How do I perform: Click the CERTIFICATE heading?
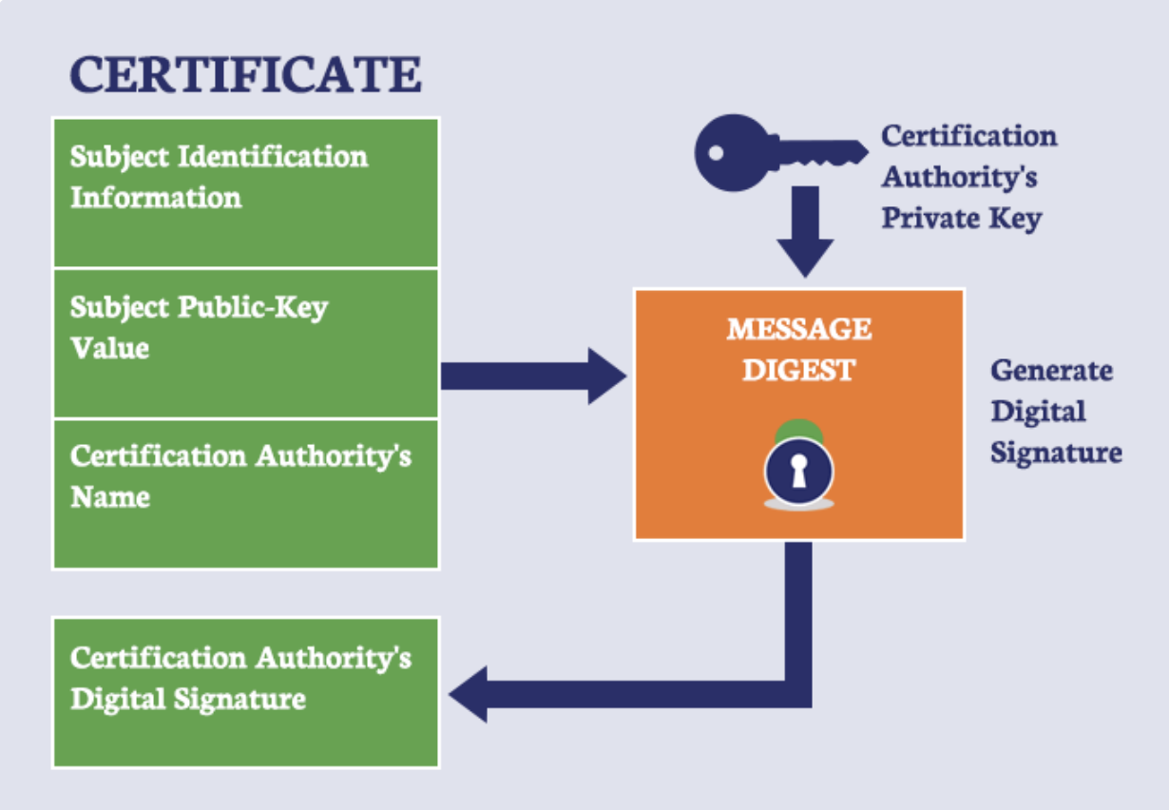pyautogui.click(x=245, y=74)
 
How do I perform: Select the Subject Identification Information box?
pyautogui.click(x=245, y=192)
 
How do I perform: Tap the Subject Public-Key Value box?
pyautogui.click(x=245, y=343)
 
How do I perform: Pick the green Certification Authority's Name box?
pyautogui.click(x=245, y=493)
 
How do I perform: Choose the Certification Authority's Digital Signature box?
pyautogui.click(x=245, y=692)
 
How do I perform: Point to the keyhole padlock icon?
pyautogui.click(x=798, y=471)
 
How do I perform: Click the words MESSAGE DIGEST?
pyautogui.click(x=798, y=349)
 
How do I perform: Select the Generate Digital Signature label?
pyautogui.click(x=1055, y=411)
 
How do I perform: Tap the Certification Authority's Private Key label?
pyautogui.click(x=968, y=177)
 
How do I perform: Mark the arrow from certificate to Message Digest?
pyautogui.click(x=532, y=376)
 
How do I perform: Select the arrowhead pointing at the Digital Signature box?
pyautogui.click(x=470, y=694)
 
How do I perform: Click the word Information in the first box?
pyautogui.click(x=156, y=198)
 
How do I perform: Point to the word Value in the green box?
pyautogui.click(x=109, y=348)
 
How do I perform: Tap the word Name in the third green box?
pyautogui.click(x=109, y=497)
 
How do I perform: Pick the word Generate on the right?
pyautogui.click(x=1051, y=370)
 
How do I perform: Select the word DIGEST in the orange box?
pyautogui.click(x=798, y=370)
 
